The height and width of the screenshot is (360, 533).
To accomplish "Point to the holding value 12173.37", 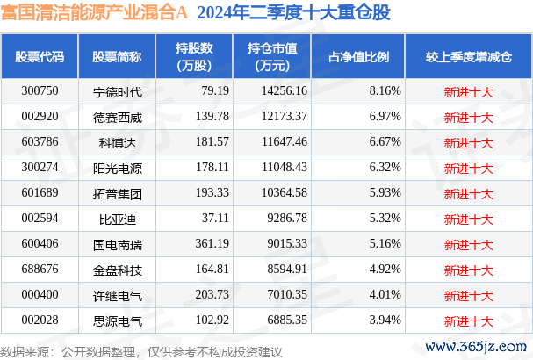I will pos(277,117).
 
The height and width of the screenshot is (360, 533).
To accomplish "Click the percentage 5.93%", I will pos(385,193).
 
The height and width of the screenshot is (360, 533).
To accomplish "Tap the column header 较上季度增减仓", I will pos(468,57).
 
